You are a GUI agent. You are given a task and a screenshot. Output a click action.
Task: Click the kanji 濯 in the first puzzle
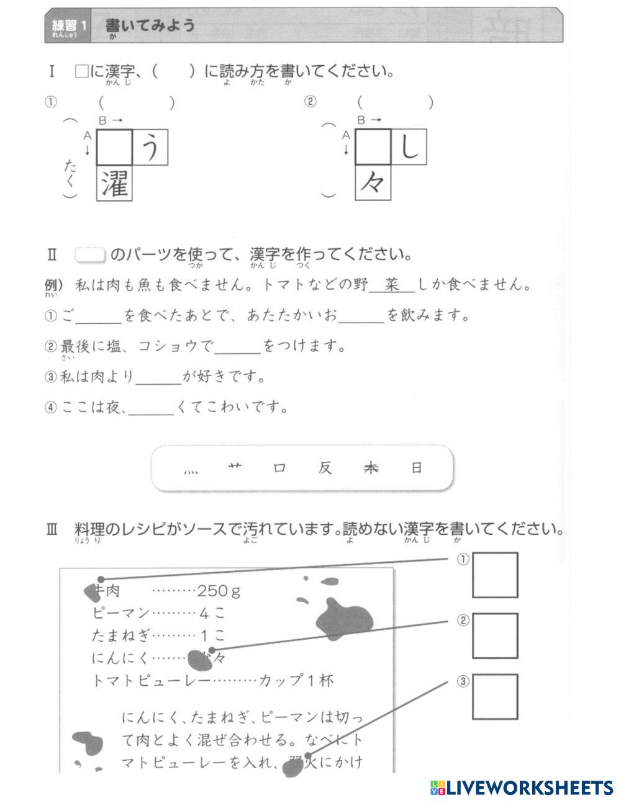point(114,183)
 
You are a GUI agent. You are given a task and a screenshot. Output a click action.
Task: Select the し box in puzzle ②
point(409,147)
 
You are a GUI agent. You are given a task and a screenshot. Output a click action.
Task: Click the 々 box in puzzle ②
point(373,183)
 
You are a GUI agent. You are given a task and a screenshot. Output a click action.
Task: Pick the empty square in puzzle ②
point(373,147)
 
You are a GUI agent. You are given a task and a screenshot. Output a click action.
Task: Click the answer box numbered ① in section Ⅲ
point(495,575)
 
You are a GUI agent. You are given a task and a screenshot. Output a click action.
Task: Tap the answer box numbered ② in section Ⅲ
point(495,635)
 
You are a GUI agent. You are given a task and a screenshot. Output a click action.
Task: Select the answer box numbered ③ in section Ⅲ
point(495,696)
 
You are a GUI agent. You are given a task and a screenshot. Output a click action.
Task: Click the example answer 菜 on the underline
point(391,285)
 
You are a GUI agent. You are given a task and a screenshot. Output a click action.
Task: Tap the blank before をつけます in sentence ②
point(238,348)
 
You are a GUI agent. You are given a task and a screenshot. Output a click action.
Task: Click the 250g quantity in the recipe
point(219,591)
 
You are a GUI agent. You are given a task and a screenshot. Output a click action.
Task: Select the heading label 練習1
point(68,26)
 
